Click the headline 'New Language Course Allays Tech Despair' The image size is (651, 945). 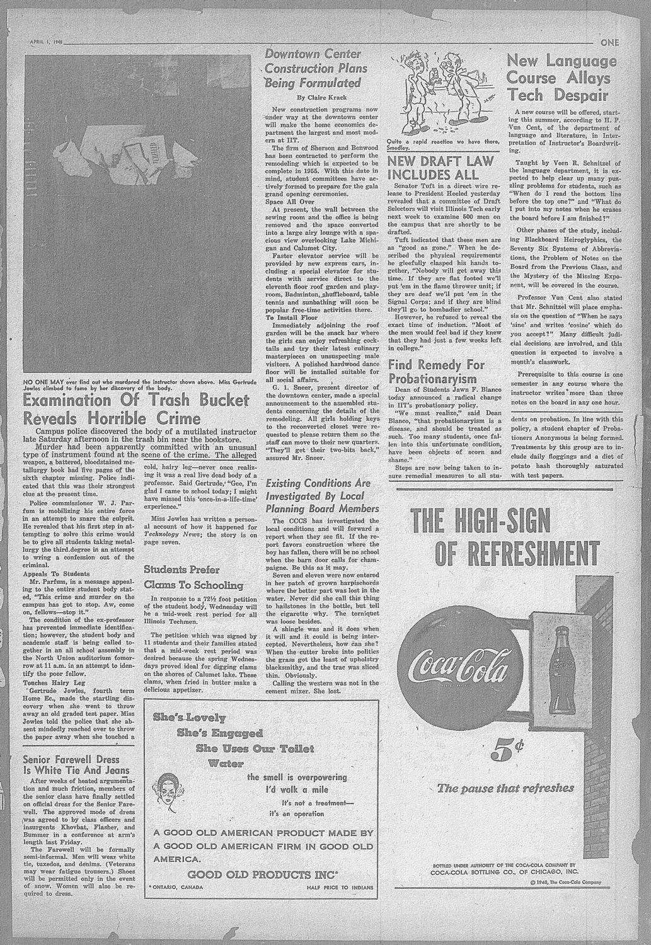(x=562, y=79)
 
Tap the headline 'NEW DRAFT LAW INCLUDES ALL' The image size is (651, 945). (x=435, y=167)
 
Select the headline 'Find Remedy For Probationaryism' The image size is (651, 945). (x=437, y=372)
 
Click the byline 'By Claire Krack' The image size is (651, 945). (x=322, y=97)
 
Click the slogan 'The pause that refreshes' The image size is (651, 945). (x=506, y=788)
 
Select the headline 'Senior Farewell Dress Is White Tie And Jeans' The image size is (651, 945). (x=76, y=765)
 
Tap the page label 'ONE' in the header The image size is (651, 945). (x=609, y=43)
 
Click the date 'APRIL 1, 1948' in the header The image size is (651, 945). (x=47, y=42)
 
